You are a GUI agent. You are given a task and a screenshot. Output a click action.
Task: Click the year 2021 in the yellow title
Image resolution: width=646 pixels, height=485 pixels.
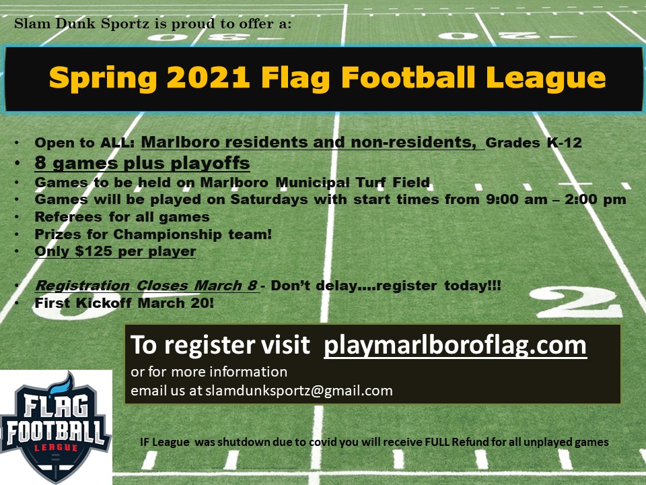209,77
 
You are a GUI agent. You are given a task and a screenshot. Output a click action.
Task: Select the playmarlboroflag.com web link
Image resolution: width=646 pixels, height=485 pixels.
456,345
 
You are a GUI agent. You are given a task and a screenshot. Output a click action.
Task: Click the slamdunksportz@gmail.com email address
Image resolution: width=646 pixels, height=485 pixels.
299,391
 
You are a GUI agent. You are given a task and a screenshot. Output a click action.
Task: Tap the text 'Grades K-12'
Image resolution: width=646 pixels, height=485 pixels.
534,143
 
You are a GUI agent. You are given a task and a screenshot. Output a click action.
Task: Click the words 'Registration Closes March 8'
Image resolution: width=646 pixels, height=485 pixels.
146,286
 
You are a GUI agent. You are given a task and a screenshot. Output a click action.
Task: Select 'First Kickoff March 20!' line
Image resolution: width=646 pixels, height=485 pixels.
124,303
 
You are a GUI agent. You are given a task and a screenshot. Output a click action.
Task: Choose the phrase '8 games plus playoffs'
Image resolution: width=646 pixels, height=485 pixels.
142,163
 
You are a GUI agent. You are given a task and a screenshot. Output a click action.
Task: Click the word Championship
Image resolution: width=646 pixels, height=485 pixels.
168,234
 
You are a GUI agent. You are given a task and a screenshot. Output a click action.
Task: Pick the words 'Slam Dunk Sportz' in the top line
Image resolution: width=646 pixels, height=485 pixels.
81,24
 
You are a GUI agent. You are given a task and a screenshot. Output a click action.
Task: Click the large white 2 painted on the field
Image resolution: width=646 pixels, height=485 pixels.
575,302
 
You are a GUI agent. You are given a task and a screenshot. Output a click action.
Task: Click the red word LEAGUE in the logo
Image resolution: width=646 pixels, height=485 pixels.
56,448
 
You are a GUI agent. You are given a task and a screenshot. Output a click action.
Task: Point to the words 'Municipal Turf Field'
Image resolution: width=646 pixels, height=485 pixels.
353,182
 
